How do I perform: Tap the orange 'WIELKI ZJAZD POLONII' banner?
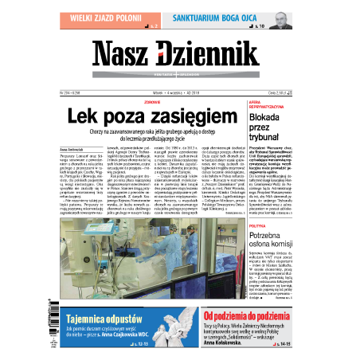tap(110, 14)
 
